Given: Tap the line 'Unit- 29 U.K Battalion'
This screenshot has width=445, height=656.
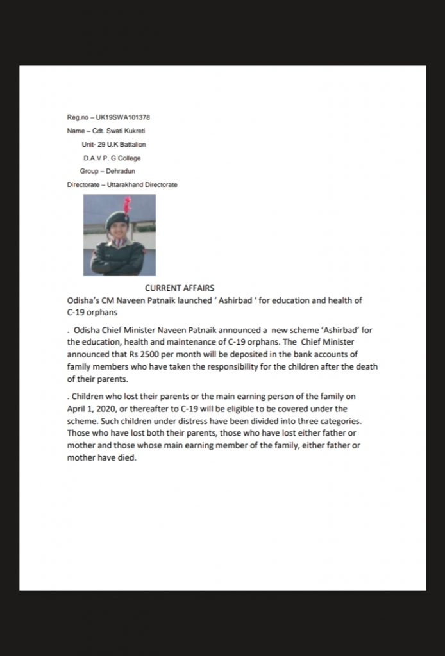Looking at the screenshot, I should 113,144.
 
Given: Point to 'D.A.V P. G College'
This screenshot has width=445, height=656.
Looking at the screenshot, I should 112,158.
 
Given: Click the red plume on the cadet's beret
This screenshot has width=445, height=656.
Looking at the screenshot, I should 127,206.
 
